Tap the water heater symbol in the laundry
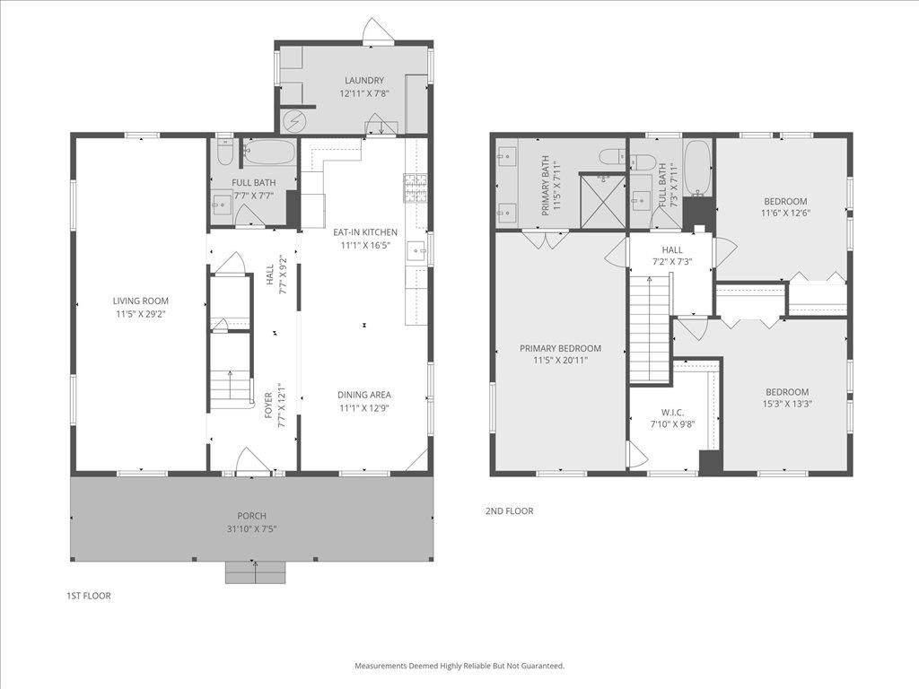click(294, 120)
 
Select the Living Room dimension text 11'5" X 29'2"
click(140, 314)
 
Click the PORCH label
click(251, 516)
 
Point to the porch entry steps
click(256, 571)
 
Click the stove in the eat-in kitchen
click(416, 188)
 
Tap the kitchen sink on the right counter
click(416, 250)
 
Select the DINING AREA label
click(364, 395)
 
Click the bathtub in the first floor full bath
click(268, 153)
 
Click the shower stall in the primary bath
click(600, 200)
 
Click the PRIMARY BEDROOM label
click(560, 348)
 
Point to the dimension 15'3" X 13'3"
click(786, 404)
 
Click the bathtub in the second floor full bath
click(697, 168)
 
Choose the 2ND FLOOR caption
click(509, 511)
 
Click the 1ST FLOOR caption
click(89, 596)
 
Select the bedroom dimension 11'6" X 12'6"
click(785, 214)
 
